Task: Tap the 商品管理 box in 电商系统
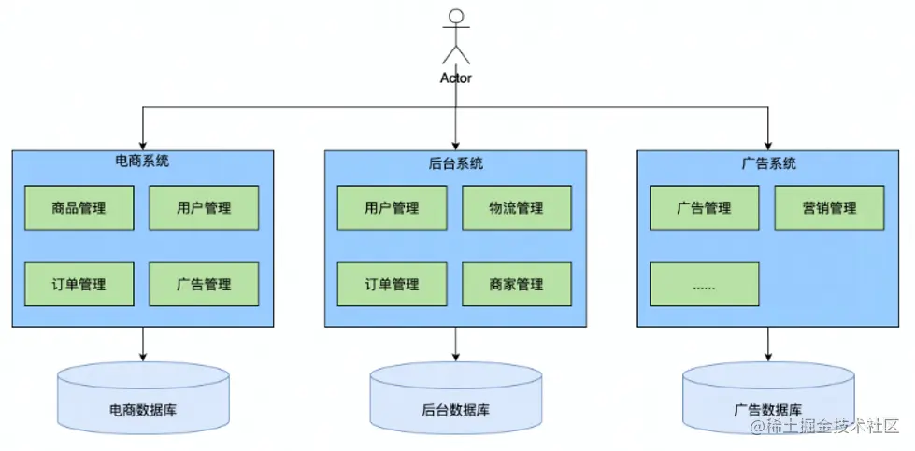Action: (x=79, y=207)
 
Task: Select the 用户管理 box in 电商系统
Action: (x=204, y=207)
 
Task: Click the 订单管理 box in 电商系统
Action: (x=79, y=284)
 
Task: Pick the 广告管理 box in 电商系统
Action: (x=204, y=284)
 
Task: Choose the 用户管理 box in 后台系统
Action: (x=392, y=207)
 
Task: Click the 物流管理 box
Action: (x=516, y=207)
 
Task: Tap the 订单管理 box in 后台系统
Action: (x=392, y=284)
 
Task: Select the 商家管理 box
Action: (x=516, y=284)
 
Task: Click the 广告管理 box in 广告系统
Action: (x=704, y=207)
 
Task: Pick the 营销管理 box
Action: (x=829, y=207)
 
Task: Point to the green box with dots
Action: (x=704, y=284)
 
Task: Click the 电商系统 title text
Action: (x=142, y=162)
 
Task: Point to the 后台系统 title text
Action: (x=455, y=163)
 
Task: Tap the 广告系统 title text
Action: (x=768, y=163)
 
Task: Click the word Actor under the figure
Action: (x=456, y=78)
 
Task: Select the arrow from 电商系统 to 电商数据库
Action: (x=143, y=344)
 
